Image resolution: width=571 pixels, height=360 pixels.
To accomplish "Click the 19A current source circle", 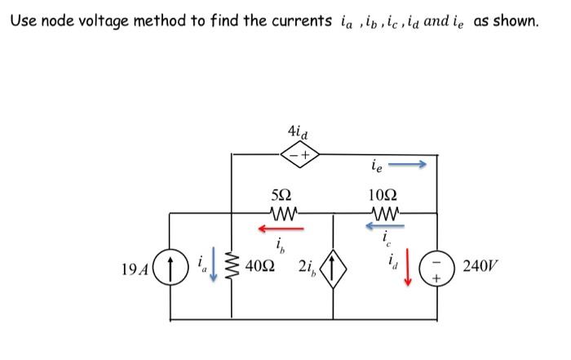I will point(170,267).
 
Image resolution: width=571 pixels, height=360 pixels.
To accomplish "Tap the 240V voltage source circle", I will point(436,267).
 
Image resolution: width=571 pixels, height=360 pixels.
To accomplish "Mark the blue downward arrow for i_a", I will point(214,269).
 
